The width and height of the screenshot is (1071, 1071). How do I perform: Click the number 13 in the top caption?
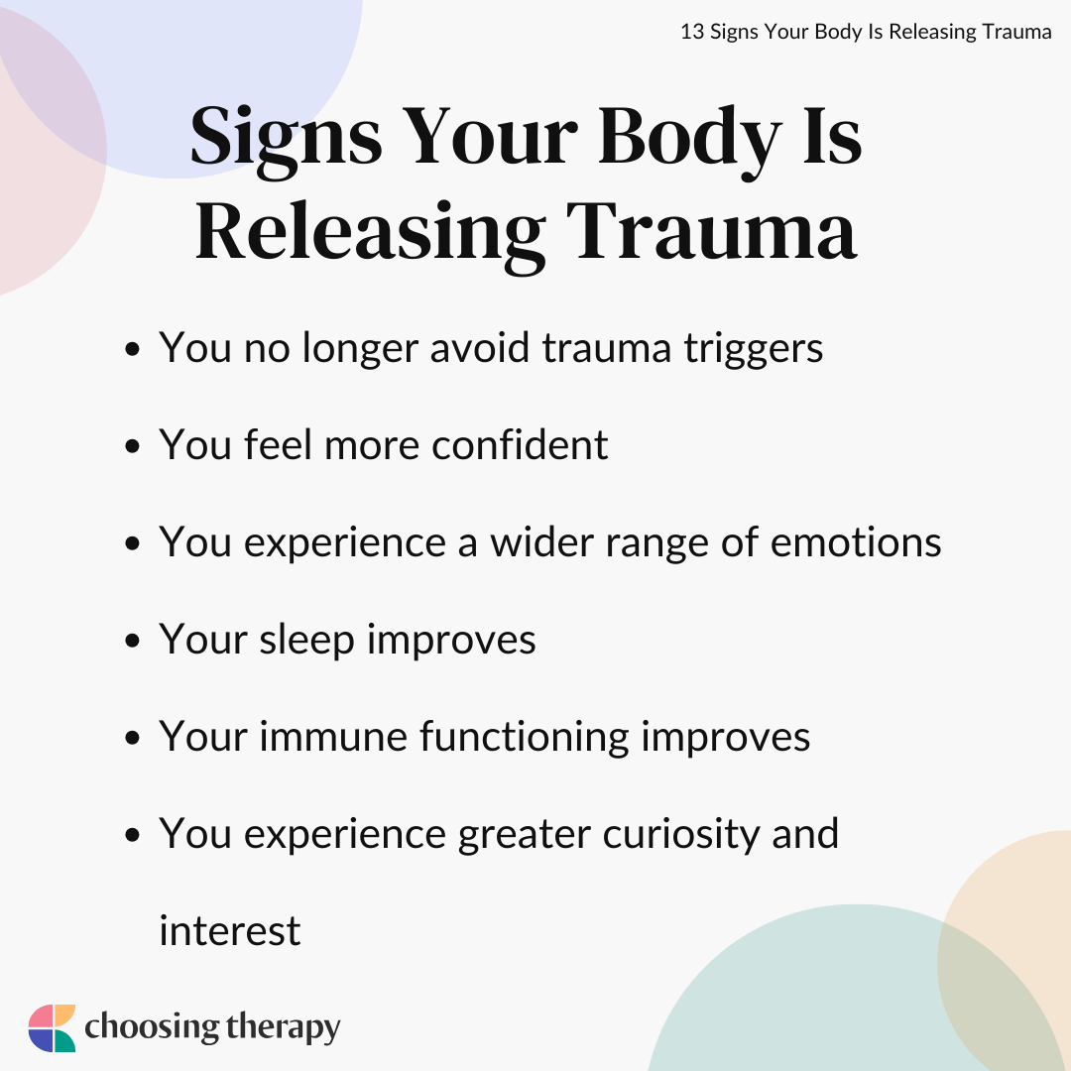click(x=692, y=32)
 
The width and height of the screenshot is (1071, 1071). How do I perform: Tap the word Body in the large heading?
click(x=690, y=140)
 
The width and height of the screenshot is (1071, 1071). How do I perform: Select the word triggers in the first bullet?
click(x=754, y=350)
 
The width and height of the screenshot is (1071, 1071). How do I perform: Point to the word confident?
click(x=520, y=444)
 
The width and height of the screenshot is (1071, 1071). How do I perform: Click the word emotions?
click(x=856, y=542)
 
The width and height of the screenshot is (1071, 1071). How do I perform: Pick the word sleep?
click(x=306, y=642)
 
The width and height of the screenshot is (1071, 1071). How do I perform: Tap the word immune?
click(x=332, y=737)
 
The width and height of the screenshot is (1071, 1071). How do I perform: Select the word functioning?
click(x=524, y=739)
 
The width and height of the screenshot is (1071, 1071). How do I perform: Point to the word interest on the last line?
click(x=229, y=931)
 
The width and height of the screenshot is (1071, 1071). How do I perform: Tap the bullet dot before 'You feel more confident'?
click(x=133, y=446)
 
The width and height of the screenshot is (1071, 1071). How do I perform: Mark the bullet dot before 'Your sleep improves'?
click(x=133, y=641)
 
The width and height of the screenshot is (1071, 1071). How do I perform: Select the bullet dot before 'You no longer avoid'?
click(x=133, y=350)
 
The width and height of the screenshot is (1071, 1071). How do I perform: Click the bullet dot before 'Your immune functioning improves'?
click(x=133, y=738)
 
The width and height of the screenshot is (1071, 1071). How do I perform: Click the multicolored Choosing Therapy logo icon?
click(x=52, y=1028)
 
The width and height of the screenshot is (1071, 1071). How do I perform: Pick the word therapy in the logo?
click(x=283, y=1028)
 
